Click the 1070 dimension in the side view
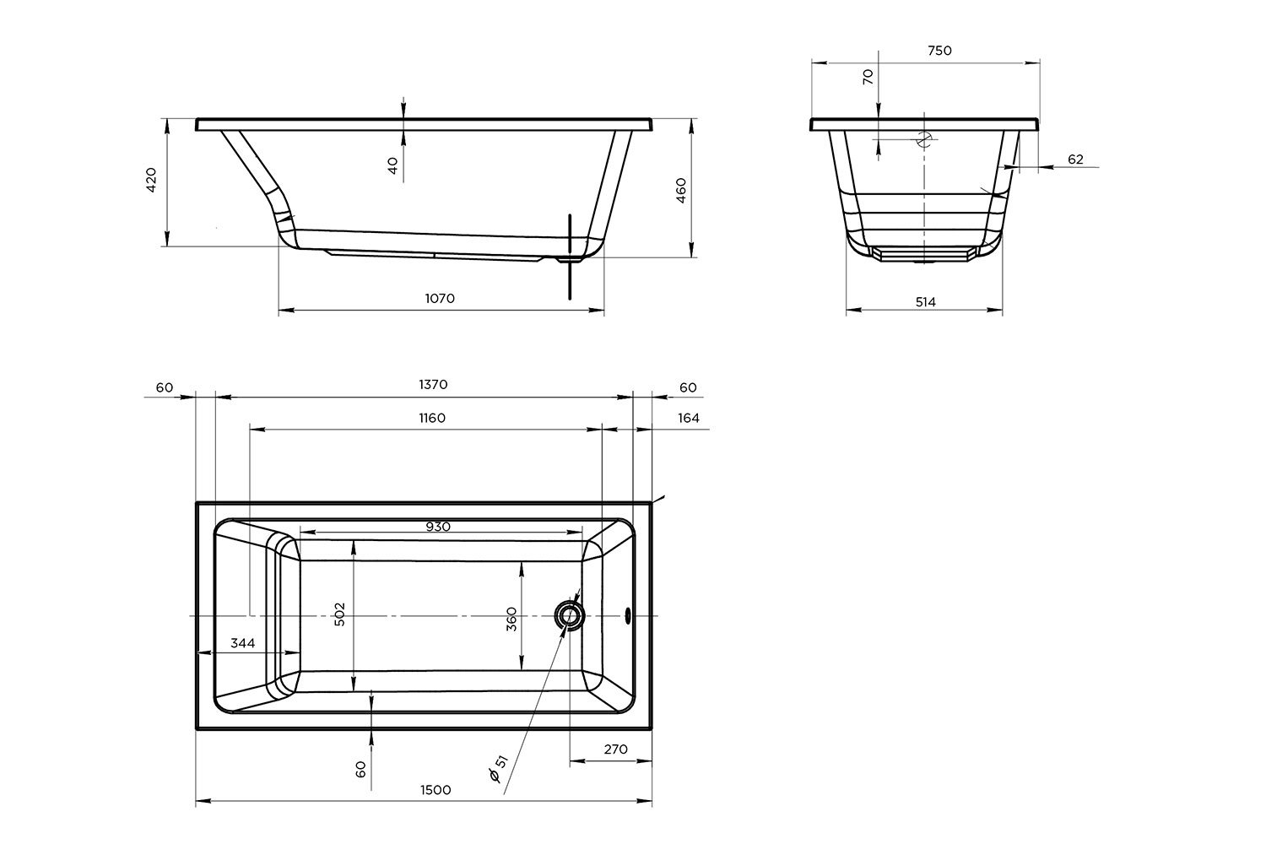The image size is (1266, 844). click(440, 299)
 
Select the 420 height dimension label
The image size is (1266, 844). click(151, 180)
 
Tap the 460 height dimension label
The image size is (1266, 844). click(681, 191)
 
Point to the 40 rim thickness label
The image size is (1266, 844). click(393, 165)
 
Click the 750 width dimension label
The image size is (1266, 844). click(940, 51)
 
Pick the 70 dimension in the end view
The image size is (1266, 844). click(868, 76)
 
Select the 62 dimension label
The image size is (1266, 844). click(1075, 160)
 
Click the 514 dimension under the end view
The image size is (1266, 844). click(926, 302)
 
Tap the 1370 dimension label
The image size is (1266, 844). click(433, 384)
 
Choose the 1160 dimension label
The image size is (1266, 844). click(432, 418)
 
